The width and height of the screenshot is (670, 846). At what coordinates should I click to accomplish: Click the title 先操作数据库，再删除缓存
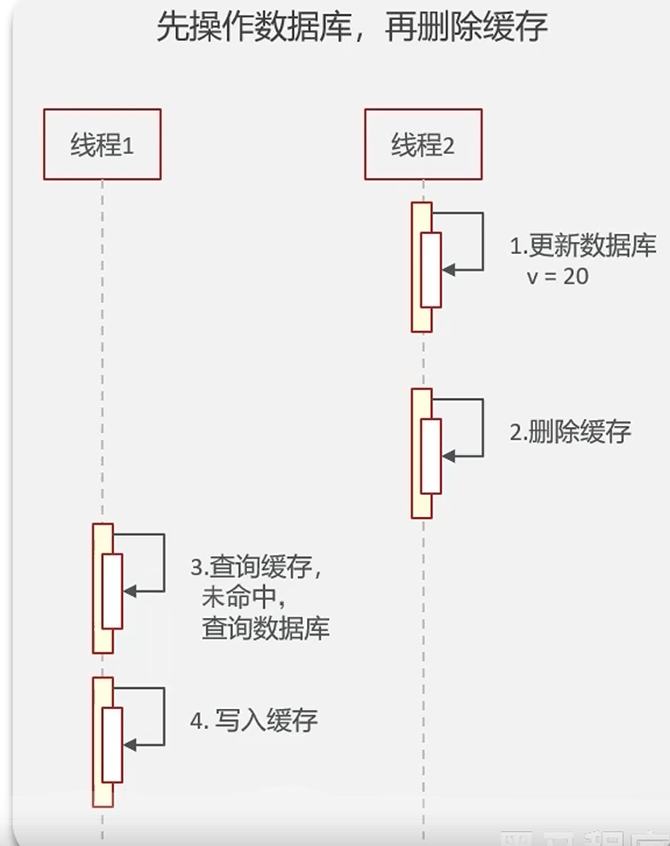coord(352,27)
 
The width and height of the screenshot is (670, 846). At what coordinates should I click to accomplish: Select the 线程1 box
coord(102,144)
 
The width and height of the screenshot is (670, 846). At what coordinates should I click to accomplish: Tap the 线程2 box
coord(423,144)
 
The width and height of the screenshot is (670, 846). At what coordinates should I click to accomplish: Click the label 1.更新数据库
coord(583,246)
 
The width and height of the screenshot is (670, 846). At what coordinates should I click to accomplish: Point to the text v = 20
coord(557,277)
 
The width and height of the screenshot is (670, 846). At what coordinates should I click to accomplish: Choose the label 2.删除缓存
coord(570,431)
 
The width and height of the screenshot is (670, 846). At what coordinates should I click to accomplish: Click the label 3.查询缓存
coord(256,567)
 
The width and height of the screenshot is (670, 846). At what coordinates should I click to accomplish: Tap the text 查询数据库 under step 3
coord(265,629)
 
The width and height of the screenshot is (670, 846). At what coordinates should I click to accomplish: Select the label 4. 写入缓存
coord(254,720)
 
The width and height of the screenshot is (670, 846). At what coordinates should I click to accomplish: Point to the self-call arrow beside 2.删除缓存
coord(482,428)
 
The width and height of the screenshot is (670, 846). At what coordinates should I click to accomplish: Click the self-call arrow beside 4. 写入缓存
coord(163,716)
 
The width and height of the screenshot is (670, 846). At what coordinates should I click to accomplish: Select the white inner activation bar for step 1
coord(431,270)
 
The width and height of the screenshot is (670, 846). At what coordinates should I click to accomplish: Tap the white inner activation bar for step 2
coord(431,456)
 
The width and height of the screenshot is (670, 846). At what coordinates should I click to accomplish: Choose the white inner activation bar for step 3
coord(112,591)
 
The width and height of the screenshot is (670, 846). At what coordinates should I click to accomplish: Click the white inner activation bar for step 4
coord(112,744)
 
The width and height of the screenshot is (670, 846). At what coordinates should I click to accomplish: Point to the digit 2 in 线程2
coord(448,146)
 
